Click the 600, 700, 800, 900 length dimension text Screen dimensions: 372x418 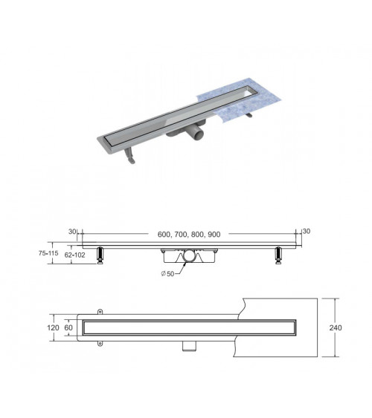point(189,235)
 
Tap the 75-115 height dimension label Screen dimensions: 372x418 point(48,253)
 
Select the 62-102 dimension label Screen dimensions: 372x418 point(75,255)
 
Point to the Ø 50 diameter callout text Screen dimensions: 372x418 point(167,274)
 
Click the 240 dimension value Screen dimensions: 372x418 point(335,327)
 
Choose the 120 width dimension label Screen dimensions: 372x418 point(53,327)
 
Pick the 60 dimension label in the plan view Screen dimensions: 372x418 point(68,327)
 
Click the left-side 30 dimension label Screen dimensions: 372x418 point(72,232)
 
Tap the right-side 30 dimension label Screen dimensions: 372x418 point(307,232)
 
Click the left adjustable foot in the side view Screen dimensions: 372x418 point(100,255)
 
